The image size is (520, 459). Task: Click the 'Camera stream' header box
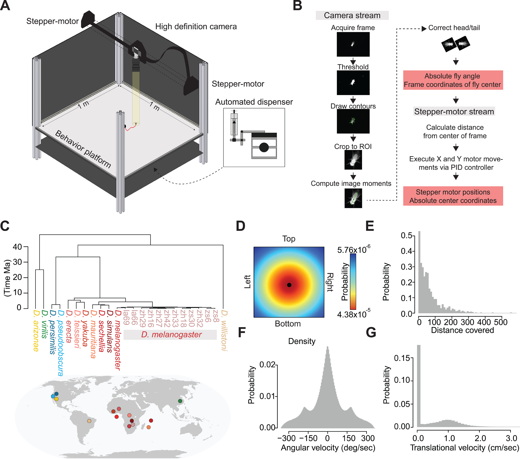pos(352,15)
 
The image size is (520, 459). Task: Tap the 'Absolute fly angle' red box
pos(453,80)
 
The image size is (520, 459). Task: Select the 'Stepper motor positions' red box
pos(453,196)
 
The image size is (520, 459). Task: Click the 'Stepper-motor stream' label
pos(454,112)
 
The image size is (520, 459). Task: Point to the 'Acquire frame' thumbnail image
pos(353,44)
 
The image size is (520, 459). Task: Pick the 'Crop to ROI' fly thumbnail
pos(353,160)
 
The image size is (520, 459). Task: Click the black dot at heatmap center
pos(289,285)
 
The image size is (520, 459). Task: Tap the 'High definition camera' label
pos(196,27)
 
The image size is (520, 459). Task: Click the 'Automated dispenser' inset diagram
pos(254,138)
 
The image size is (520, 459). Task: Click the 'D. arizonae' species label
pos(36,331)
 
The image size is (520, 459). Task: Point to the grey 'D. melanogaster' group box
pos(170,335)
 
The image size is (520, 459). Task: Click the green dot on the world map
pos(180,401)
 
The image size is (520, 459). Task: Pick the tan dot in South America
pos(89,421)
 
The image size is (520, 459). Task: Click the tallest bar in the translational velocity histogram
pos(419,386)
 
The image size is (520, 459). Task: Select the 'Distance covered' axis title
pos(462,330)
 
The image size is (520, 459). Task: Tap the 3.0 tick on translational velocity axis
pos(511,438)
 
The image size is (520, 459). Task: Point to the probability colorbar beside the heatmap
pos(353,282)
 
